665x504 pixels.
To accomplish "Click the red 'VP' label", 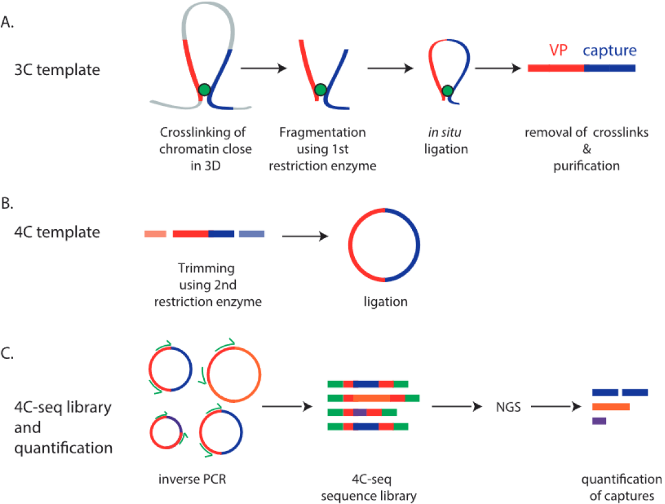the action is (x=558, y=50).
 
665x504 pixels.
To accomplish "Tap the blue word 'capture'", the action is (x=610, y=51).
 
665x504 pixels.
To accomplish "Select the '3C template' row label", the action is (x=57, y=70).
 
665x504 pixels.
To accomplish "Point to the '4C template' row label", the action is (x=57, y=232).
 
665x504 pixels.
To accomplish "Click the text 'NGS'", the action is (x=508, y=407).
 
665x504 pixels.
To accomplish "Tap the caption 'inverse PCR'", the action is (x=192, y=479).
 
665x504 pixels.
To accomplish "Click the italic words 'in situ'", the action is (x=445, y=132).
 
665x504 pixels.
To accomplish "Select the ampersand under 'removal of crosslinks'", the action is (x=586, y=149).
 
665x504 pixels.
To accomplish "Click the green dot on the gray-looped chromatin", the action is (x=204, y=89).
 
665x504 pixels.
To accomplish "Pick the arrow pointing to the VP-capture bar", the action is (x=498, y=68).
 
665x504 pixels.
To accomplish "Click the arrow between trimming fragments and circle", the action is (x=305, y=236).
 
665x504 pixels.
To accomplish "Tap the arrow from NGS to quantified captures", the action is (x=556, y=406).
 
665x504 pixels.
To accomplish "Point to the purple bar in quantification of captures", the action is (x=600, y=421).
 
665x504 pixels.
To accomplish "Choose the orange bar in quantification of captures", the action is (x=611, y=407).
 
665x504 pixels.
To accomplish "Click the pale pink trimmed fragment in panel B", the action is (x=155, y=234).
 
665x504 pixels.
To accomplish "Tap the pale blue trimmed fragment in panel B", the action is (x=251, y=234).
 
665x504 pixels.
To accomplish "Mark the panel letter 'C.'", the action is (x=7, y=353).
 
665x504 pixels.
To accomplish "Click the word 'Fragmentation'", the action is (x=322, y=133).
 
